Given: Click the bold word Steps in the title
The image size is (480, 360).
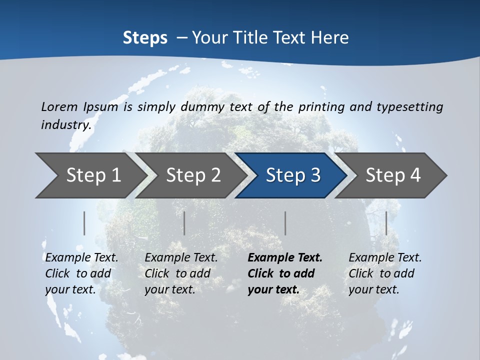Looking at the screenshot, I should point(145,37).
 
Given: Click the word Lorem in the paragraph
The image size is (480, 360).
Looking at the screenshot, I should point(59,106).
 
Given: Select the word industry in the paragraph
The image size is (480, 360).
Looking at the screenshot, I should point(66,124).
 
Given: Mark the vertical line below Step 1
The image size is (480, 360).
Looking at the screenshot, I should point(84,223).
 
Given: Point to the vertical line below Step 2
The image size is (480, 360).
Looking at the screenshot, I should point(184,223).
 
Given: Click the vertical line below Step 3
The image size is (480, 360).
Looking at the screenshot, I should point(285,223).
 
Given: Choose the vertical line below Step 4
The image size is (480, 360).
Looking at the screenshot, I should point(386,223).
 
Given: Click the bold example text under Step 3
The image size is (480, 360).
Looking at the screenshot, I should point(285,273).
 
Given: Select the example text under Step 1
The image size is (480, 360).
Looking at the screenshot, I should point(81,273).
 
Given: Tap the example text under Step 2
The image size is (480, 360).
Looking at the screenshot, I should point(181,273).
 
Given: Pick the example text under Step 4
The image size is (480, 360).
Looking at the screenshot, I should point(385,273).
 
